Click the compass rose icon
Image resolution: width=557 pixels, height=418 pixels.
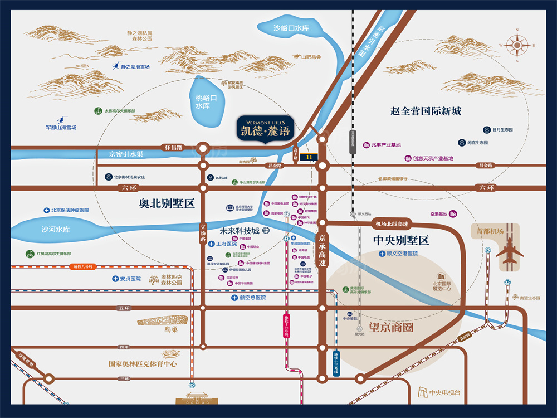tap(517, 45)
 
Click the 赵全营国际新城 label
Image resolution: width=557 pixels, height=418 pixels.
tap(426, 111)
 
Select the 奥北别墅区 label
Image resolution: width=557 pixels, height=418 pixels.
tap(167, 203)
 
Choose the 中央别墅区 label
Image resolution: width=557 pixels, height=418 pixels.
tap(401, 241)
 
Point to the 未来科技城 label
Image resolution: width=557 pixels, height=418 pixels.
tap(240, 230)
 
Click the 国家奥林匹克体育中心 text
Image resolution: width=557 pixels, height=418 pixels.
tap(143, 364)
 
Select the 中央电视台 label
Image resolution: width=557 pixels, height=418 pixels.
tap(445, 393)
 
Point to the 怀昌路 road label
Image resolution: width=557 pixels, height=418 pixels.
tap(173, 148)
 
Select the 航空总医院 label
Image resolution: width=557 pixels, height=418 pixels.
tap(252, 298)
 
